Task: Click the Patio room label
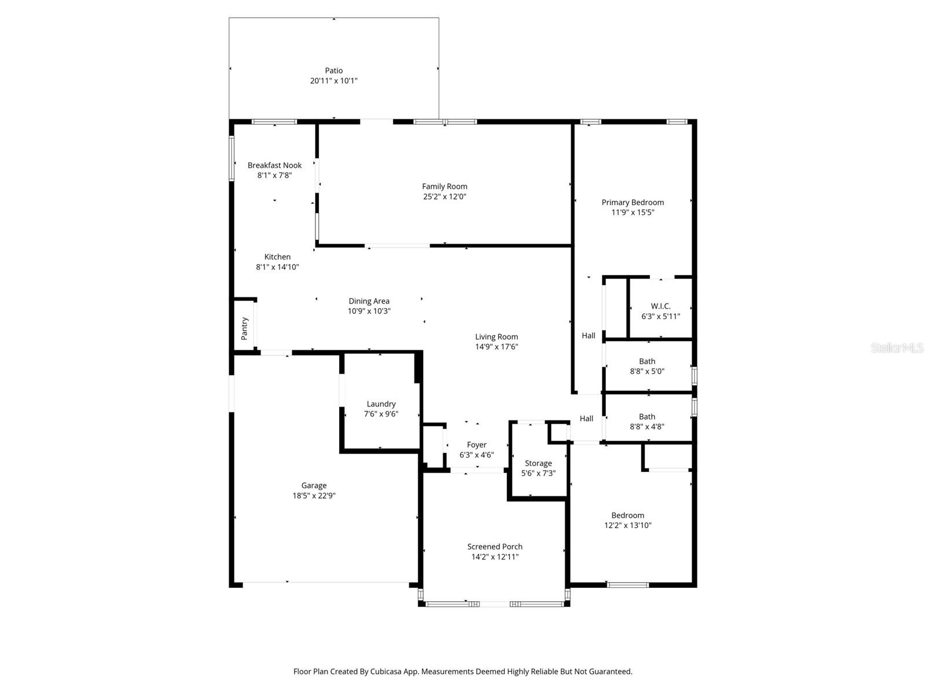[333, 71]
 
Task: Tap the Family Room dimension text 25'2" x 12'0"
[444, 197]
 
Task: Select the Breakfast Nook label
[274, 166]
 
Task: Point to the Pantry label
[244, 328]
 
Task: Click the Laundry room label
[381, 404]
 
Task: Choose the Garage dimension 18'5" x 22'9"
[314, 496]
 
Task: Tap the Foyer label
[476, 445]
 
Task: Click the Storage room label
[538, 463]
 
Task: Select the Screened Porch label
[495, 547]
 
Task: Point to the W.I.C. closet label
[660, 306]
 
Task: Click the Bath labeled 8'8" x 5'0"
[647, 361]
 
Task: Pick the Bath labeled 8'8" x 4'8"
[647, 417]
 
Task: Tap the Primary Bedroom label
[633, 203]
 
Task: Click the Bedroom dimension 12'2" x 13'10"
[628, 526]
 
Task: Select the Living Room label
[497, 337]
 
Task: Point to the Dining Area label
[369, 301]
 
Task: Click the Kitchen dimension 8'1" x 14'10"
[277, 268]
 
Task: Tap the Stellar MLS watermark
[896, 348]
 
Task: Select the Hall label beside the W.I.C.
[588, 336]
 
